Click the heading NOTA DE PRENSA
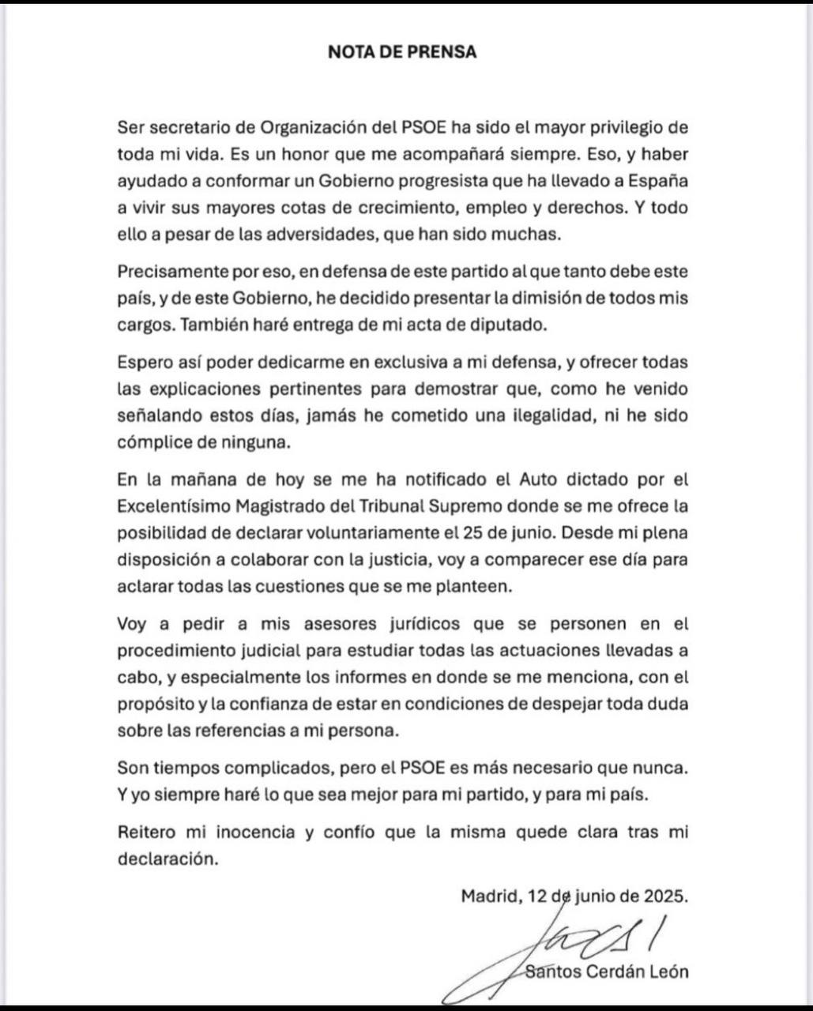402,53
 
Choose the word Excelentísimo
170,506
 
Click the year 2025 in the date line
667,896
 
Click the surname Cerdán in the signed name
623,972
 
